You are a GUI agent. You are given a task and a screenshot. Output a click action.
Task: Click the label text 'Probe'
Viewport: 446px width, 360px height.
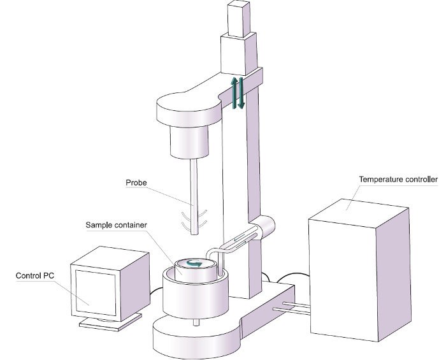[136, 183]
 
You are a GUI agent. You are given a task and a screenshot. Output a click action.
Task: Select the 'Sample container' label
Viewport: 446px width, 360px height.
[116, 226]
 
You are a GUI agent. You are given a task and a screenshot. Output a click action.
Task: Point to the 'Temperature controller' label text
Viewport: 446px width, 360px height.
[398, 180]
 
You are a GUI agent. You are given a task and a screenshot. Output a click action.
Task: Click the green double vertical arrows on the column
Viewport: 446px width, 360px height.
[237, 93]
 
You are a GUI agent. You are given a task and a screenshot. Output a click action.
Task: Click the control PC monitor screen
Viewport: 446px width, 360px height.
[96, 292]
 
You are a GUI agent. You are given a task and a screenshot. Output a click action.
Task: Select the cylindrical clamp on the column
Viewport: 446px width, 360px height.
[264, 226]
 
